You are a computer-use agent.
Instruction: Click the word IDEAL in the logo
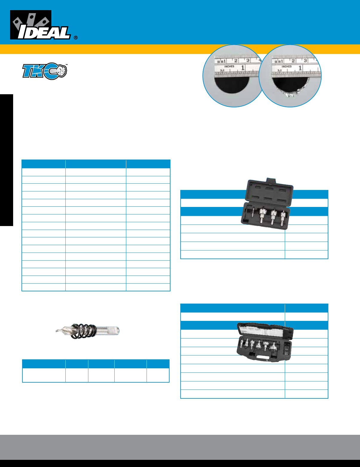click(44, 32)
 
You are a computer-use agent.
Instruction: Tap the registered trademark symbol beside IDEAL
click(76, 38)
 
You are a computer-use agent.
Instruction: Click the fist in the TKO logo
click(61, 71)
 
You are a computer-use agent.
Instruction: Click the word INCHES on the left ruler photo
click(229, 67)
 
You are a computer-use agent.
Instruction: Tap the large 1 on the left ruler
click(243, 68)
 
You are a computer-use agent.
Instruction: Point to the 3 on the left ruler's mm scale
click(248, 61)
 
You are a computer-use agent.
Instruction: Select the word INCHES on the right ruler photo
click(286, 67)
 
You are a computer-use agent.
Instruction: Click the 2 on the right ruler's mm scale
click(293, 61)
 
